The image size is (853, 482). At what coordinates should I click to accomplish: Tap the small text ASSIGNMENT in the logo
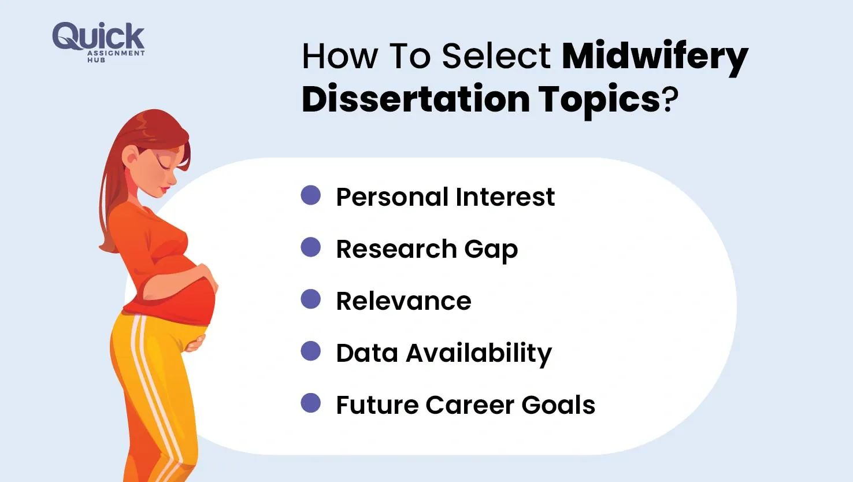click(x=116, y=53)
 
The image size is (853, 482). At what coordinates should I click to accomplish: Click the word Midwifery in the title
click(x=655, y=57)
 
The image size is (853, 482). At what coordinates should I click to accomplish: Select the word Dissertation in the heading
click(x=416, y=99)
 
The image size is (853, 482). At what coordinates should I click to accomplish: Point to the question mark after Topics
click(x=670, y=100)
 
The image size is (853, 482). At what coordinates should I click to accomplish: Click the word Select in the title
click(x=496, y=57)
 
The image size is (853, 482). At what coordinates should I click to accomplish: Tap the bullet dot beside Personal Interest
click(x=311, y=195)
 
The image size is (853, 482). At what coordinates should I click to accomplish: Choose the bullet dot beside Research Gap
click(x=311, y=247)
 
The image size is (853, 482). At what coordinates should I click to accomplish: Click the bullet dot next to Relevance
click(x=311, y=299)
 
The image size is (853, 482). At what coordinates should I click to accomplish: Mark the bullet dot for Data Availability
click(x=311, y=351)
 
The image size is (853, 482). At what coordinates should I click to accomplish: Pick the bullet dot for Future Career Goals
click(x=311, y=403)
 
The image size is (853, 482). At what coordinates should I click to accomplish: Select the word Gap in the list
click(x=491, y=250)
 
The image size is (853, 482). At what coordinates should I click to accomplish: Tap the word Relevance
click(x=403, y=301)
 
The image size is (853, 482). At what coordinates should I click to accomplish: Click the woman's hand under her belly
click(x=195, y=343)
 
